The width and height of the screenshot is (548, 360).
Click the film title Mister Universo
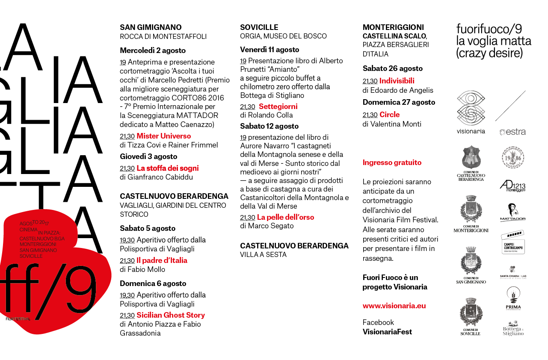[163, 136]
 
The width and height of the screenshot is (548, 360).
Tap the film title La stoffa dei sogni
[167, 168]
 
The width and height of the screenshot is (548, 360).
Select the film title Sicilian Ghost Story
[171, 315]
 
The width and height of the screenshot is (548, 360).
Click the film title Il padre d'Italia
[162, 260]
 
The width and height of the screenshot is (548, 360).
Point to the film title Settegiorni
[278, 106]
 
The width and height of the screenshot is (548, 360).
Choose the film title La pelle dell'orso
[285, 217]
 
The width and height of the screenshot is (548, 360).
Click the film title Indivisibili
[397, 81]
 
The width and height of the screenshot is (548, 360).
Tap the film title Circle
[389, 115]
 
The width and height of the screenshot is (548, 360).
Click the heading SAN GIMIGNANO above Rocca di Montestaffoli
[151, 27]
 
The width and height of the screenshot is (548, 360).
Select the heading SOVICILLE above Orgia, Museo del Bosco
[259, 27]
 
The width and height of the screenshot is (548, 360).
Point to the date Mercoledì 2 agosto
[153, 50]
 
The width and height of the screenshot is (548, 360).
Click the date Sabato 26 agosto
[392, 68]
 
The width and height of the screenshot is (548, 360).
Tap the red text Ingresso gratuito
[392, 162]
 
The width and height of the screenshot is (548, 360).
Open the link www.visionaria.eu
[394, 306]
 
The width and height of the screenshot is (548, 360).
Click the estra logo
[512, 132]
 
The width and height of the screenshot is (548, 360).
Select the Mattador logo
[512, 212]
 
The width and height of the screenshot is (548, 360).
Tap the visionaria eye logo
[471, 108]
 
